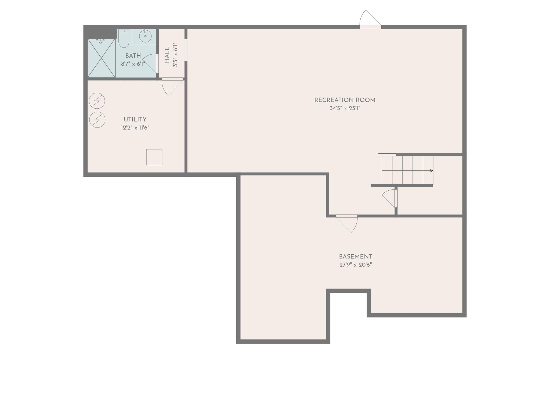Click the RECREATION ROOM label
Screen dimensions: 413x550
(x=345, y=100)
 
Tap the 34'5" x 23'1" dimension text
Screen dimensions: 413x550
(x=345, y=108)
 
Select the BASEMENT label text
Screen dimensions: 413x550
(x=355, y=257)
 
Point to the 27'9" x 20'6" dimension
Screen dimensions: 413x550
(x=355, y=265)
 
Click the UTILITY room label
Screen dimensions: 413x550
(x=135, y=119)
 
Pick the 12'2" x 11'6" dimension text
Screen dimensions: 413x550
(x=135, y=128)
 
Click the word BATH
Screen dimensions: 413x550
(x=133, y=56)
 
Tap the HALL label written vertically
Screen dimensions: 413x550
(x=167, y=55)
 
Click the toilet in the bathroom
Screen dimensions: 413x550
(x=124, y=39)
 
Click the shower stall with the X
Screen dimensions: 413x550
(x=101, y=58)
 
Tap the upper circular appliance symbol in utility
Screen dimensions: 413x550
(x=97, y=101)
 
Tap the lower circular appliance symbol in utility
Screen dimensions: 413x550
(x=97, y=120)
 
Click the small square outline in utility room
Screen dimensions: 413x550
(x=154, y=157)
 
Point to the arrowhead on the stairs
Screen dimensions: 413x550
(x=431, y=171)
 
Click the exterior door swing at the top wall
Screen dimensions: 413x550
(x=369, y=19)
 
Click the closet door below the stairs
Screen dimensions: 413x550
(x=389, y=198)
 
